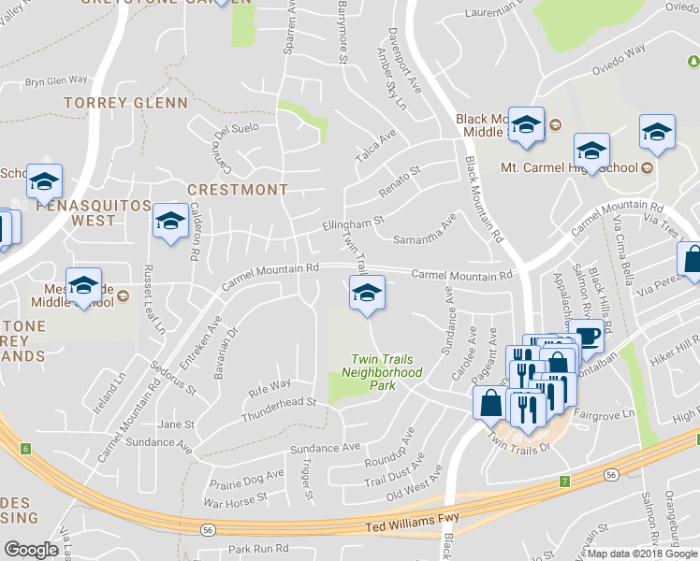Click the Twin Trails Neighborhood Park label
click(386, 372)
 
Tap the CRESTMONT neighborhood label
click(238, 190)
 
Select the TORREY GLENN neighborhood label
click(125, 102)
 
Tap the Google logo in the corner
click(31, 550)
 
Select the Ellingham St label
click(354, 223)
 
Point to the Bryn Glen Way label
click(56, 81)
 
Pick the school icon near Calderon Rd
click(170, 222)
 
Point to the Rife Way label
click(269, 384)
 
